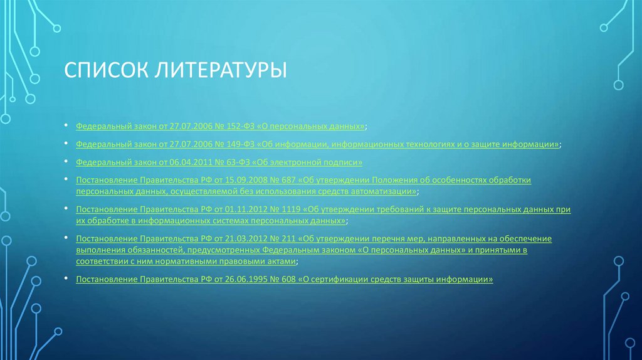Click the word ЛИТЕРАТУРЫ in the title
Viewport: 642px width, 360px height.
[x=217, y=69]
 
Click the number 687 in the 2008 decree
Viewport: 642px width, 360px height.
[x=289, y=180]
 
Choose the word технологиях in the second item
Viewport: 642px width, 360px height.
[x=414, y=144]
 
